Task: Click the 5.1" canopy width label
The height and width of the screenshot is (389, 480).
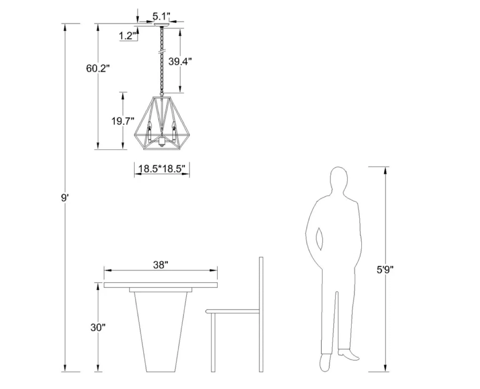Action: [161, 16]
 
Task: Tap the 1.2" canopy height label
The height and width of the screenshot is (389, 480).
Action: [128, 36]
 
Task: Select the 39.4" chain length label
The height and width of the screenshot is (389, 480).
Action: [180, 61]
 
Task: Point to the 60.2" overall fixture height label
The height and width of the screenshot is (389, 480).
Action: [98, 68]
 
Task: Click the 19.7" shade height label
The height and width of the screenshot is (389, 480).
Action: [123, 121]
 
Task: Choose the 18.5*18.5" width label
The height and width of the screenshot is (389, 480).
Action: [162, 169]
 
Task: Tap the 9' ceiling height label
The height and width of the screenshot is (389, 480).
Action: [64, 197]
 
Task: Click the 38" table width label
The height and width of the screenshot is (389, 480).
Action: [161, 265]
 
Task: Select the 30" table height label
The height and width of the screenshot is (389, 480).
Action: [98, 327]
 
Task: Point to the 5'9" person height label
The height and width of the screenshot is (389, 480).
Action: [385, 270]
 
